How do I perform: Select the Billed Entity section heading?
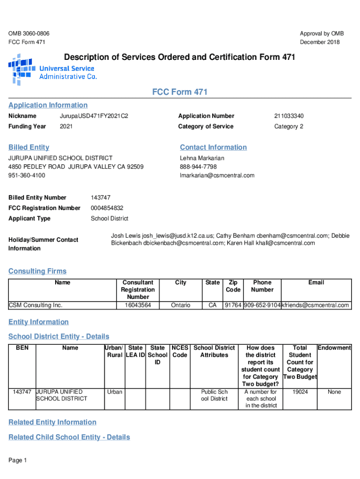(x=29, y=147)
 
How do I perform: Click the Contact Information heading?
(x=213, y=147)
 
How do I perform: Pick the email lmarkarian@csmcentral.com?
(x=217, y=175)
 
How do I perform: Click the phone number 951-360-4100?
(x=27, y=175)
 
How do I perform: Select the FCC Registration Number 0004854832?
(x=107, y=208)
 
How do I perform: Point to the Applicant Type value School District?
(x=109, y=218)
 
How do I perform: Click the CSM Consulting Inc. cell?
(x=36, y=305)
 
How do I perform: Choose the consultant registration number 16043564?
(x=137, y=305)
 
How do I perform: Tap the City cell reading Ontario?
(x=180, y=305)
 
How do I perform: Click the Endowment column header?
(x=334, y=348)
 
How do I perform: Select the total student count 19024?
(x=300, y=392)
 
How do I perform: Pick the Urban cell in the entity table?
(x=115, y=392)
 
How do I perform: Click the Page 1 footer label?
(x=18, y=461)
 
